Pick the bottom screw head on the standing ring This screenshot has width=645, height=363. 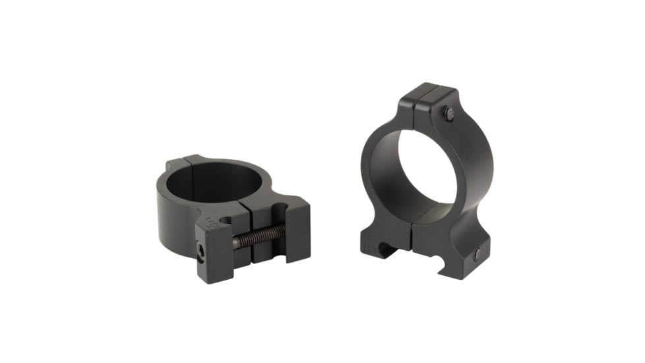click(x=476, y=253)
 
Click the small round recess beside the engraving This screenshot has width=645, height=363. click(x=226, y=220)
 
